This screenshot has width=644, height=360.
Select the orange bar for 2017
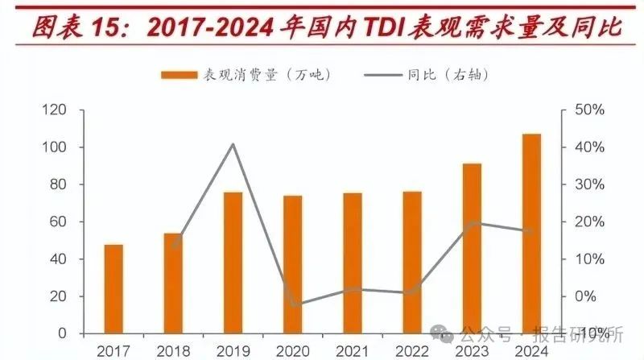pos(113,288)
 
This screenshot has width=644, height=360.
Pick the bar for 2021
pos(352,263)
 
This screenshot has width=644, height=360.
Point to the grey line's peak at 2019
pos(233,144)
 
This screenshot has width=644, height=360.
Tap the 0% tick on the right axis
pos(586,296)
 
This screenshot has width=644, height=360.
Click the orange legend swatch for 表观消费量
pos(179,74)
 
